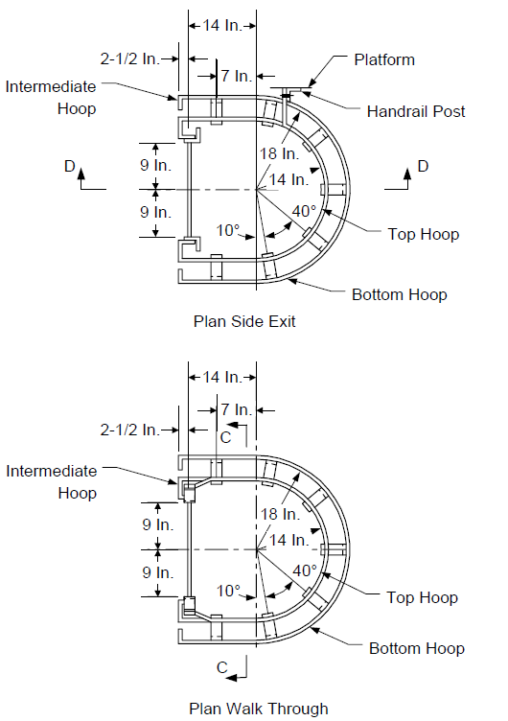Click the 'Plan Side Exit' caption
point(244,321)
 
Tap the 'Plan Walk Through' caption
point(259,709)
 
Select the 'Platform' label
point(384,59)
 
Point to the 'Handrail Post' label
point(416,111)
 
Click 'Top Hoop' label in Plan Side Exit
point(424,235)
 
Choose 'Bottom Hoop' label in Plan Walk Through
point(417,648)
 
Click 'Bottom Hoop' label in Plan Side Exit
point(399,294)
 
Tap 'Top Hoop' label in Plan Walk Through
point(422,597)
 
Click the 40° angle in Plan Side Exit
point(304,211)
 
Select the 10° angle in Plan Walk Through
point(228,591)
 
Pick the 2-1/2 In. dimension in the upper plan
point(130,58)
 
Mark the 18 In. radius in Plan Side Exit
point(279,153)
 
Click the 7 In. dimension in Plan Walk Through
point(237,409)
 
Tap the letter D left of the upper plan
point(69,166)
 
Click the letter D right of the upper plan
point(423,166)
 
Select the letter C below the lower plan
point(222,667)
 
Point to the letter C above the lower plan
point(225,437)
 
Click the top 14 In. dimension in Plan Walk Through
point(222,377)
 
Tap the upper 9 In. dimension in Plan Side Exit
point(155,166)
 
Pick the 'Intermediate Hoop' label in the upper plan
point(51,98)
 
